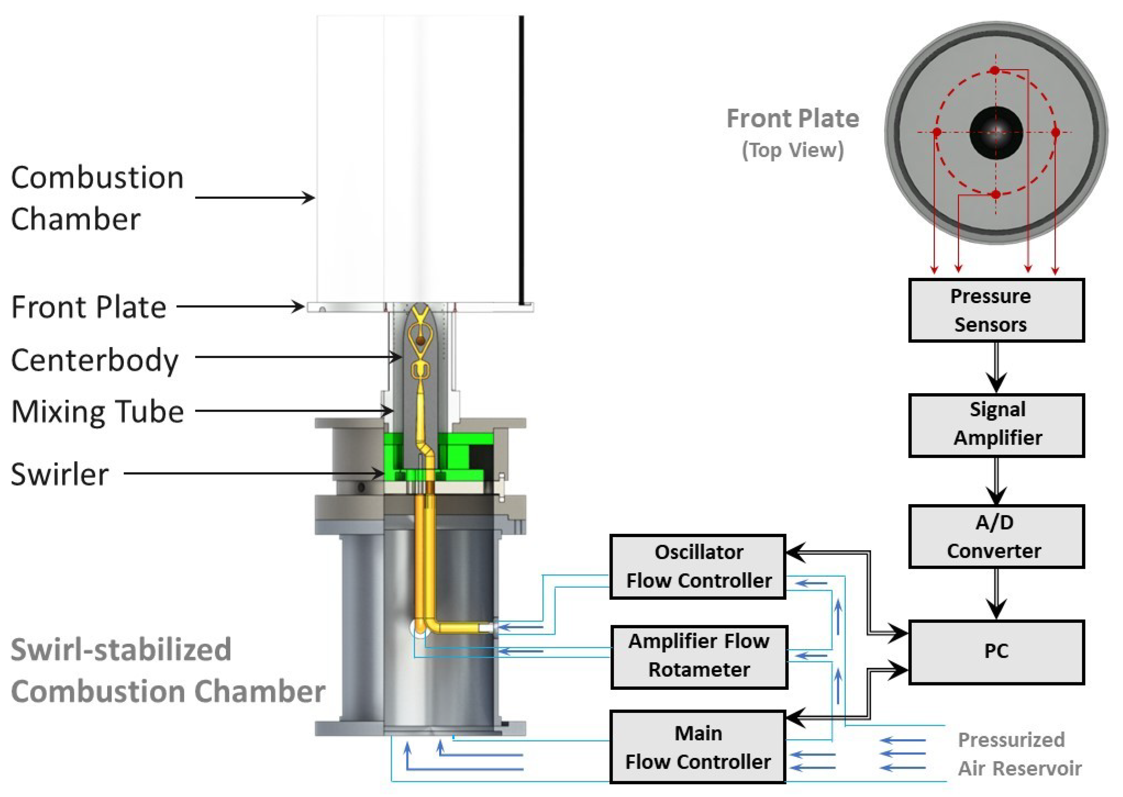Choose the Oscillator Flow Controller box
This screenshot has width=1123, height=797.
[x=698, y=566]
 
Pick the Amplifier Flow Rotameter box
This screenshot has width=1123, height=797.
[x=699, y=657]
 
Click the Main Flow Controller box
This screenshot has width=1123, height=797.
[x=698, y=747]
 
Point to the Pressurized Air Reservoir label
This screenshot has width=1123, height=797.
[x=1019, y=754]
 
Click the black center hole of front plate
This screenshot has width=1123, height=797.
[x=996, y=133]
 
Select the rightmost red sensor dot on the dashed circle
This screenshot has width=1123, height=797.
[x=1055, y=132]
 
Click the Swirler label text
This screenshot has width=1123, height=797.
[x=60, y=475]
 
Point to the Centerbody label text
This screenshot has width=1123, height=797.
[x=94, y=361]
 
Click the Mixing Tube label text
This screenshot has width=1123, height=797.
[x=97, y=411]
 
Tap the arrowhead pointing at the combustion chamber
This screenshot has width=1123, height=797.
[x=309, y=198]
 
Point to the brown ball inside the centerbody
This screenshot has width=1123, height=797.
[x=420, y=340]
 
